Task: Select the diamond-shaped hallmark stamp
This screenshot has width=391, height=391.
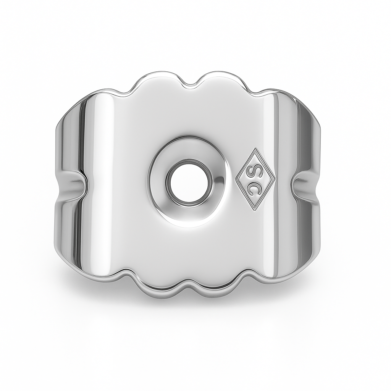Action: (255, 179)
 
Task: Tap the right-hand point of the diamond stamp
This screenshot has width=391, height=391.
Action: (275, 179)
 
